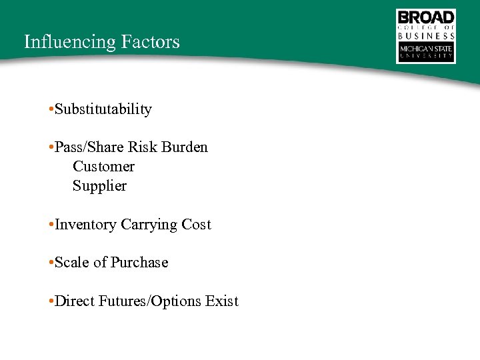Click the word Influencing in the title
(x=70, y=42)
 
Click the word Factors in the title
(x=151, y=42)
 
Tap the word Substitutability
(x=103, y=109)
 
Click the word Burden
(x=185, y=147)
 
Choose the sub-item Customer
(x=103, y=166)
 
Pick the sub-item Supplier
(x=99, y=185)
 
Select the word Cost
(x=196, y=225)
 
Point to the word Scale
(x=72, y=263)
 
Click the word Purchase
(x=139, y=263)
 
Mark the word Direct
(x=75, y=301)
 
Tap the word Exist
(x=222, y=301)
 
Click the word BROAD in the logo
(x=426, y=17)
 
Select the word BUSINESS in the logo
(x=426, y=36)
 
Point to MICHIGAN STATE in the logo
(x=426, y=49)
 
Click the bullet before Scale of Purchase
(x=51, y=263)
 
